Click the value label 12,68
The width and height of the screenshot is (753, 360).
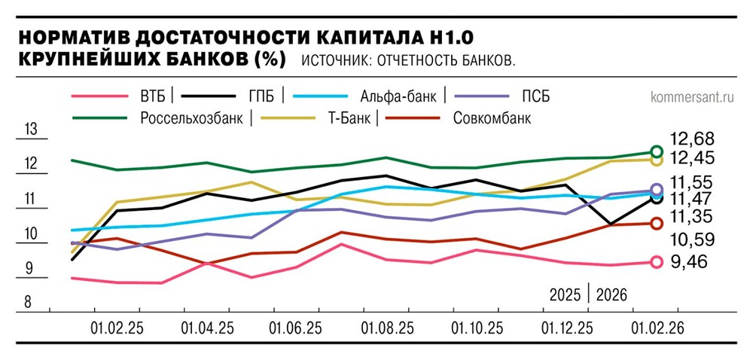(692, 139)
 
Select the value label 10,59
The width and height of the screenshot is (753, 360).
(692, 239)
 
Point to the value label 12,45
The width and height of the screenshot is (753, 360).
(692, 158)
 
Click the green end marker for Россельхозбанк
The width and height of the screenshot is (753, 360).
(655, 152)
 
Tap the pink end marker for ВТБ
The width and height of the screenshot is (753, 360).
(655, 262)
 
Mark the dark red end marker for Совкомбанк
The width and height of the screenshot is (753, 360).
(655, 223)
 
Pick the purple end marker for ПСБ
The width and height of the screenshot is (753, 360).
(655, 190)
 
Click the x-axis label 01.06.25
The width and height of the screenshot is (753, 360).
(297, 328)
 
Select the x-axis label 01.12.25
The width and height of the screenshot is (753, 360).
(567, 328)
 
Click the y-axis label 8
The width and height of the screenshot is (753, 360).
(29, 303)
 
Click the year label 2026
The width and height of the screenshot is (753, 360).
(611, 294)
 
